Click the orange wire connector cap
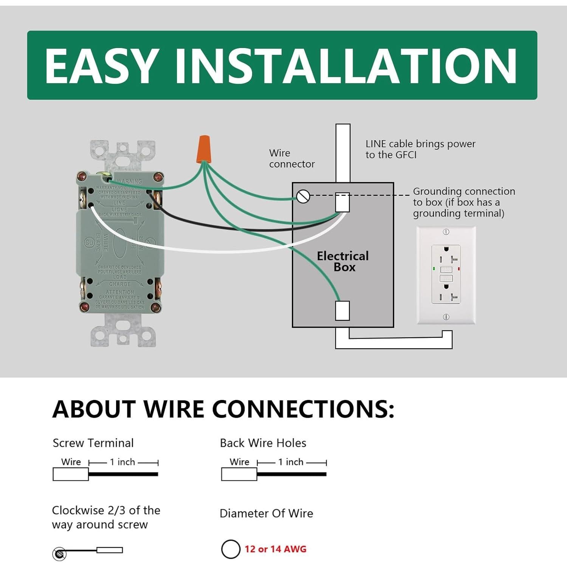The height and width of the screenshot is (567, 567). pyautogui.click(x=204, y=149)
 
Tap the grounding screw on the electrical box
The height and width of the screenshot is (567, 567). pyautogui.click(x=303, y=196)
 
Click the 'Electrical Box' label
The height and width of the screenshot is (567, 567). pyautogui.click(x=343, y=262)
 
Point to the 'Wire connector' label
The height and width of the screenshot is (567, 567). pyautogui.click(x=291, y=158)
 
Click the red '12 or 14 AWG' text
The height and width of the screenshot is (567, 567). pyautogui.click(x=275, y=549)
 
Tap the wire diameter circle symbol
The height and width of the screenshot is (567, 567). pyautogui.click(x=231, y=549)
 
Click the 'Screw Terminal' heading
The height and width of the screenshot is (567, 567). pyautogui.click(x=93, y=443)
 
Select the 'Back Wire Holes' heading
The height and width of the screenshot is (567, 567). pyautogui.click(x=263, y=443)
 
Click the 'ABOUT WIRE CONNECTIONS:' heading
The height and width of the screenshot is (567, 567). pyautogui.click(x=223, y=409)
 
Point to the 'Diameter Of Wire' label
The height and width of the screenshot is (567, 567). pyautogui.click(x=266, y=513)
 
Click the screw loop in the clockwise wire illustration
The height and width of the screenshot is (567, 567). pyautogui.click(x=59, y=554)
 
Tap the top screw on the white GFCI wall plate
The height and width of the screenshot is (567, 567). pyautogui.click(x=446, y=232)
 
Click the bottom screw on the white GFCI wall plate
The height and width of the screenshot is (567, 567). pyautogui.click(x=446, y=317)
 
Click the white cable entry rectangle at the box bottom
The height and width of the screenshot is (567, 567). pyautogui.click(x=342, y=310)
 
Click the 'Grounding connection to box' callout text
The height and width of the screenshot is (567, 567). pyautogui.click(x=464, y=202)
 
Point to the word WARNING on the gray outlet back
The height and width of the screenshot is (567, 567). pyautogui.click(x=129, y=181)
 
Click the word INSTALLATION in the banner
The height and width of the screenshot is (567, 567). pyautogui.click(x=345, y=66)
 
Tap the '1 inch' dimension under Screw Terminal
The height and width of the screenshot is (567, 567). pyautogui.click(x=122, y=462)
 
